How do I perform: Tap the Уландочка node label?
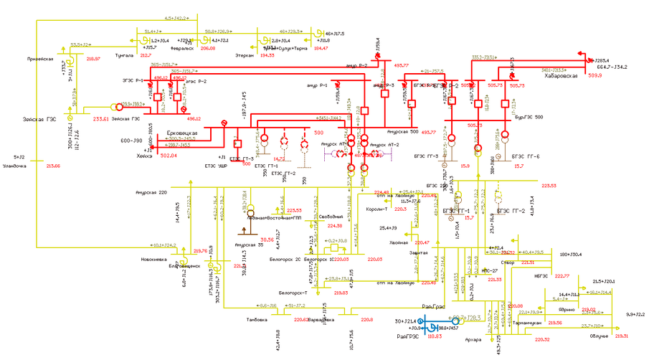pyautogui.click(x=14, y=166)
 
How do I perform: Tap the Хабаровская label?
pyautogui.click(x=561, y=75)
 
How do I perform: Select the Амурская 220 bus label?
pyautogui.click(x=151, y=193)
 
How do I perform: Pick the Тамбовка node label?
pyautogui.click(x=256, y=320)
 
